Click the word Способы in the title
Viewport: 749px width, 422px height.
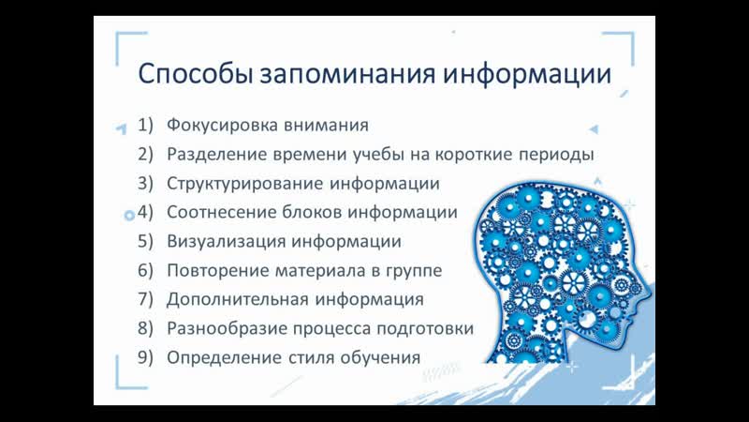196,74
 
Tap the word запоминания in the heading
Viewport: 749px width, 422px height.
347,74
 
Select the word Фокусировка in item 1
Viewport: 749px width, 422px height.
222,126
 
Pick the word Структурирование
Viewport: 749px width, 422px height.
244,184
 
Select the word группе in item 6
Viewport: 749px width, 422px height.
413,271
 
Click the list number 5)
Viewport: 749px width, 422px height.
146,241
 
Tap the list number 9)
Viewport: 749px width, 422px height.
146,358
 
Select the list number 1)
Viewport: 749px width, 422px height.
146,126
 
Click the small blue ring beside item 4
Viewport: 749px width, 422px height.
129,216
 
